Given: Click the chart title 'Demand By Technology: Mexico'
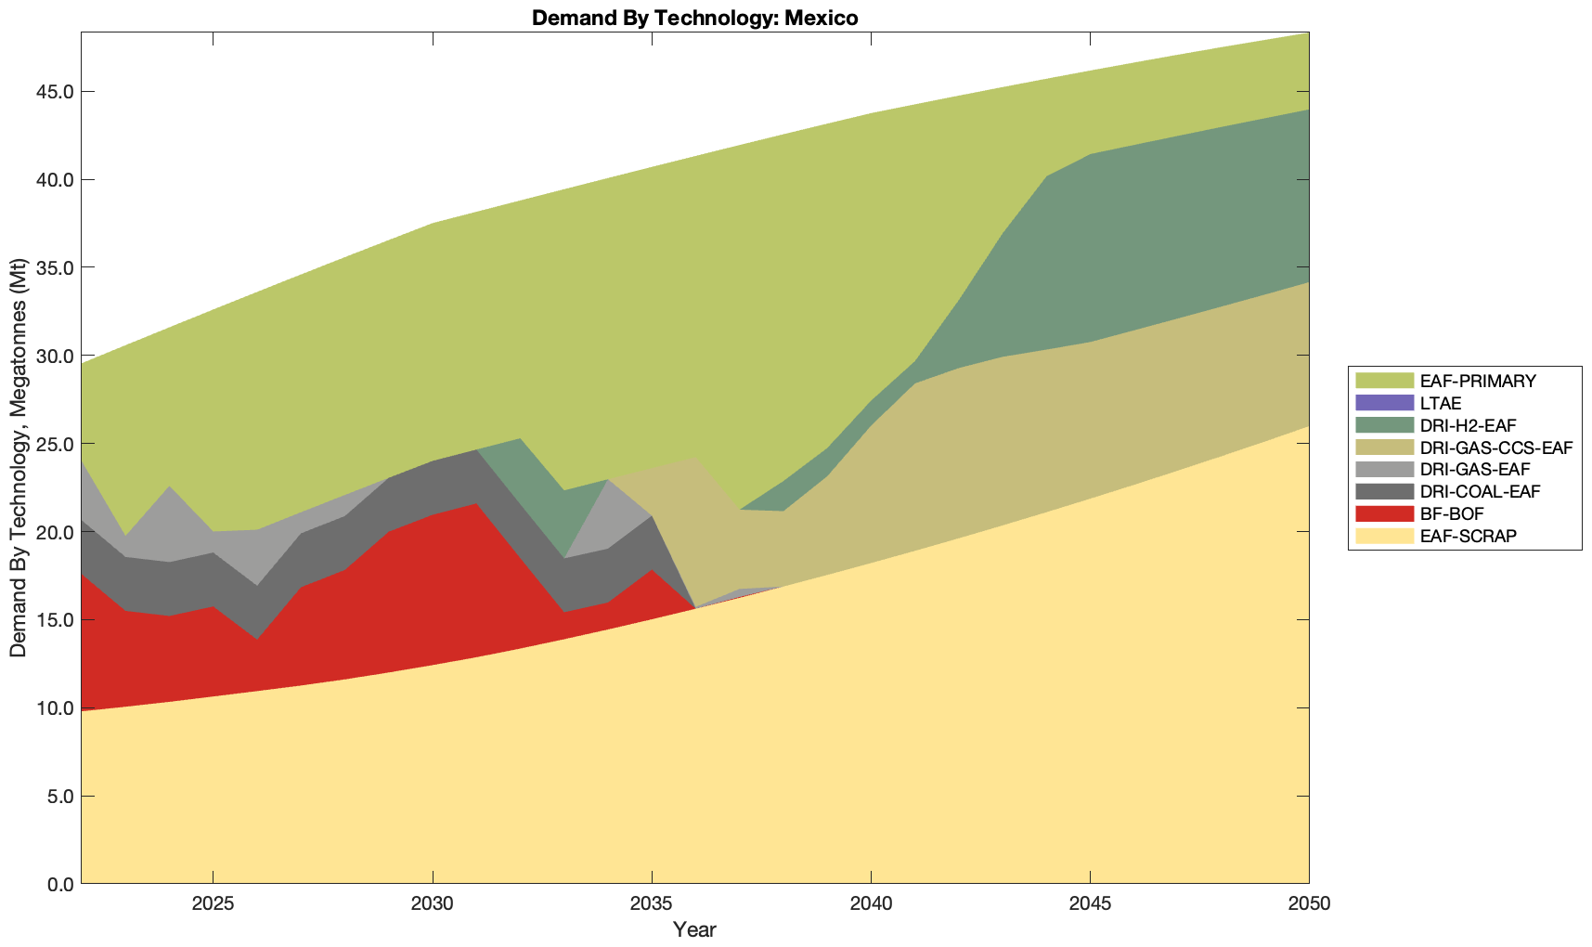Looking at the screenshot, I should pos(694,18).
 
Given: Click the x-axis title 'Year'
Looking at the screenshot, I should pos(694,929).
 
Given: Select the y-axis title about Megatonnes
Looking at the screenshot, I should pos(19,457).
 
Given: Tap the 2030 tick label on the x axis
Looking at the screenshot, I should pos(433,904).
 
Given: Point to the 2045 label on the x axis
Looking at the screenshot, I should pos(1090,904).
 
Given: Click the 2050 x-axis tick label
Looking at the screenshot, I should pos(1309,904).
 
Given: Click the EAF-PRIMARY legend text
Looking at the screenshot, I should pos(1478,381).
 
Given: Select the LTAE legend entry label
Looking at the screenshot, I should pos(1441,404).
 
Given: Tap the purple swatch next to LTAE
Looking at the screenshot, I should pos(1384,404).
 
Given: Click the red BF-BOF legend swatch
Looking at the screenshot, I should pos(1384,513).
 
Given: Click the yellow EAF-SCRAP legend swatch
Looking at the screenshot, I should pos(1384,536).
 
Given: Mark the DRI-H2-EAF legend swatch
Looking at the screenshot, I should pos(1384,425).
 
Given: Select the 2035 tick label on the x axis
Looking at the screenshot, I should pos(652,904).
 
